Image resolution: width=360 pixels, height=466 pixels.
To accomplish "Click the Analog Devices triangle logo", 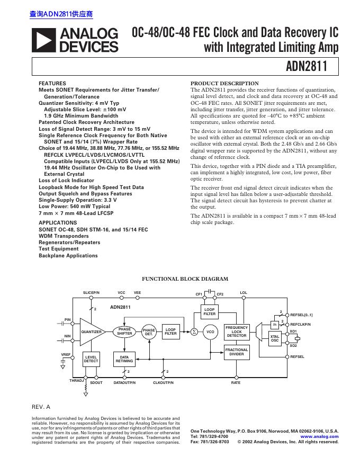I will pyautogui.click(x=43, y=41).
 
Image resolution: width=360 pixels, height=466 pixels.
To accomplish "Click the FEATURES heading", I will pyautogui.click(x=52, y=84).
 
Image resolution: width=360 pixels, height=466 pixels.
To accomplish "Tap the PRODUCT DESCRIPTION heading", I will pyautogui.click(x=224, y=84).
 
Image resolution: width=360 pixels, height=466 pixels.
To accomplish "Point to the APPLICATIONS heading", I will pyautogui.click(x=58, y=222).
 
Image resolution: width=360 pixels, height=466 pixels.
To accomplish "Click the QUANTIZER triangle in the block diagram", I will pyautogui.click(x=92, y=331).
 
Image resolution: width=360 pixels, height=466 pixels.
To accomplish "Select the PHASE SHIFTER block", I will pyautogui.click(x=125, y=331).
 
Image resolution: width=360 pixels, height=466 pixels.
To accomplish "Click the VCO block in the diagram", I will pyautogui.click(x=210, y=331).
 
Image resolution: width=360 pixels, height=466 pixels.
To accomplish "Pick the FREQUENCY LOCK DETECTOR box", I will pyautogui.click(x=237, y=331).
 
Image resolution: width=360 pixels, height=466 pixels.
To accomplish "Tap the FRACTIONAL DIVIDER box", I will pyautogui.click(x=237, y=352).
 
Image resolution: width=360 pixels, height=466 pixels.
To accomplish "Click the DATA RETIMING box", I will pyautogui.click(x=124, y=359).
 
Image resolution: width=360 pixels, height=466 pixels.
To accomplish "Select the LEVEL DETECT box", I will pyautogui.click(x=91, y=359).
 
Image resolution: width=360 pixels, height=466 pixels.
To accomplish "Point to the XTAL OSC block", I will pyautogui.click(x=275, y=339).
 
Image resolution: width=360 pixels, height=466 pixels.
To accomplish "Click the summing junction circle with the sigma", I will pyautogui.click(x=194, y=331).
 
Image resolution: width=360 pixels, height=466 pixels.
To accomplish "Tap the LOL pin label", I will pyautogui.click(x=244, y=293).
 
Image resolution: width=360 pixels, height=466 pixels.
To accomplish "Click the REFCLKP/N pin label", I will pyautogui.click(x=301, y=324).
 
